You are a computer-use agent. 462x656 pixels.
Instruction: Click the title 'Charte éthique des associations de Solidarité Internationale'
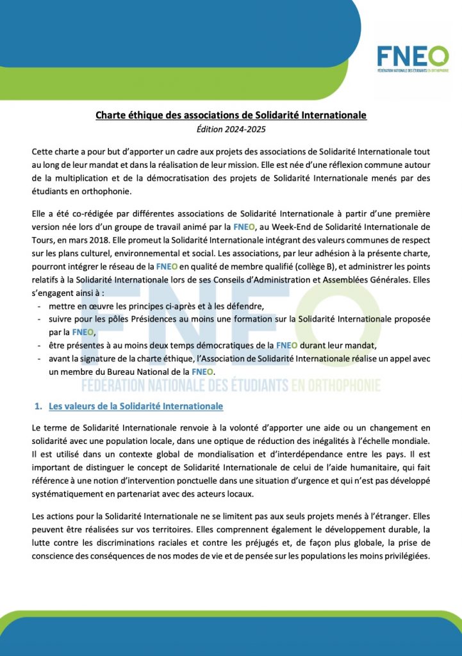coord(231,116)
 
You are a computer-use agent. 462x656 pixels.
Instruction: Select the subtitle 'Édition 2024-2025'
coord(231,129)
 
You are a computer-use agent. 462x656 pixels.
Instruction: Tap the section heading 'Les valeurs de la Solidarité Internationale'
coord(136,406)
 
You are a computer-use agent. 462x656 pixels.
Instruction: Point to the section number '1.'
coord(38,406)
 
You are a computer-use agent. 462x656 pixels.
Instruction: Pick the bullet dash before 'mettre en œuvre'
coord(41,306)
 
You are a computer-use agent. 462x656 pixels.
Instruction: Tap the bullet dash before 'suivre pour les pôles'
coord(41,318)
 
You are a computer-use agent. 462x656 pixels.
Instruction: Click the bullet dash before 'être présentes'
coord(41,346)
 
